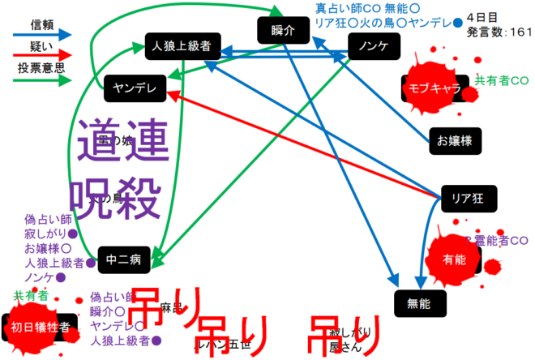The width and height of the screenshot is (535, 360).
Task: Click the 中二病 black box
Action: (x=124, y=259)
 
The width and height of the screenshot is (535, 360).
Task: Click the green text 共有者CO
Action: (x=502, y=80)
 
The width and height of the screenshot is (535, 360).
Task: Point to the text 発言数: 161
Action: (x=499, y=32)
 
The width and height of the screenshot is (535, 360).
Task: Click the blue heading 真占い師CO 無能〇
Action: (x=362, y=8)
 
